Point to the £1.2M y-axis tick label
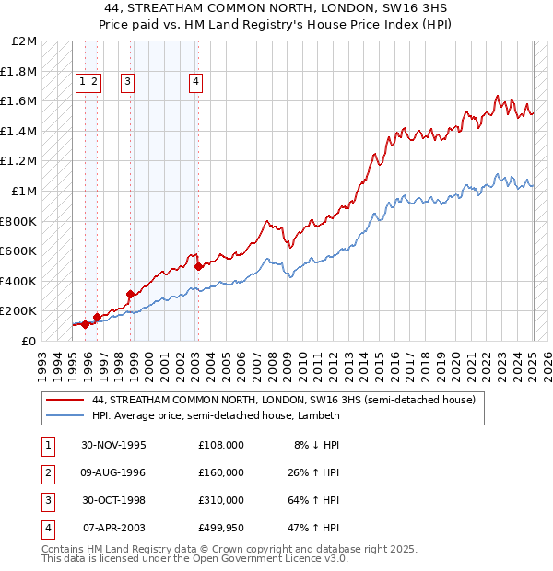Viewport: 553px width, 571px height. [19, 161]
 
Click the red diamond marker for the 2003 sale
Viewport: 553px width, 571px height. [198, 266]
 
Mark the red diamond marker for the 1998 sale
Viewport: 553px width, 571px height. [131, 295]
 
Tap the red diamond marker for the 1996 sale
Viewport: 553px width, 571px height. [97, 317]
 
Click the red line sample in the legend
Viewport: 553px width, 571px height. [64, 401]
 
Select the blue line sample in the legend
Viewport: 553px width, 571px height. [64, 415]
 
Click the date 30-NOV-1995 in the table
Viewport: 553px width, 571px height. [114, 445]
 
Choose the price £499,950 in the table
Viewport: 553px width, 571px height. [221, 528]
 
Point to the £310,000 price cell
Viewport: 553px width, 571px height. [221, 500]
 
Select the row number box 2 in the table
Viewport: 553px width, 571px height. [46, 472]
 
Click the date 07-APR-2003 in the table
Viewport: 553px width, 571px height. [114, 528]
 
